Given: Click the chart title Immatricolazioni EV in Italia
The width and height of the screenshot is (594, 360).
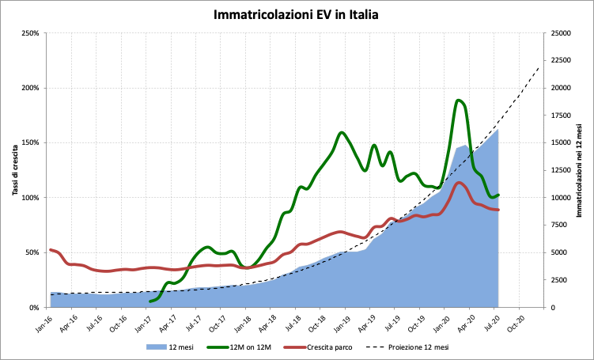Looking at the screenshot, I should coord(297,14).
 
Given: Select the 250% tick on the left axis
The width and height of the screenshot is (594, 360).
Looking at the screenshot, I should coord(29,33).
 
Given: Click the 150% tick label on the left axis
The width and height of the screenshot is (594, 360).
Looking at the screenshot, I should coord(29,143).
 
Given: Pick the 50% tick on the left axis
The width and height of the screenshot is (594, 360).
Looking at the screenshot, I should coord(31,252).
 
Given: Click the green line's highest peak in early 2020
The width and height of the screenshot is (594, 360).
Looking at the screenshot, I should coord(460,100).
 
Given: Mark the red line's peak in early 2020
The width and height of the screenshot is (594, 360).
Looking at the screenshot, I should coord(460,183).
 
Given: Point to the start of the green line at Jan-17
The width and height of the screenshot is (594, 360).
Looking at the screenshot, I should coord(149,301).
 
